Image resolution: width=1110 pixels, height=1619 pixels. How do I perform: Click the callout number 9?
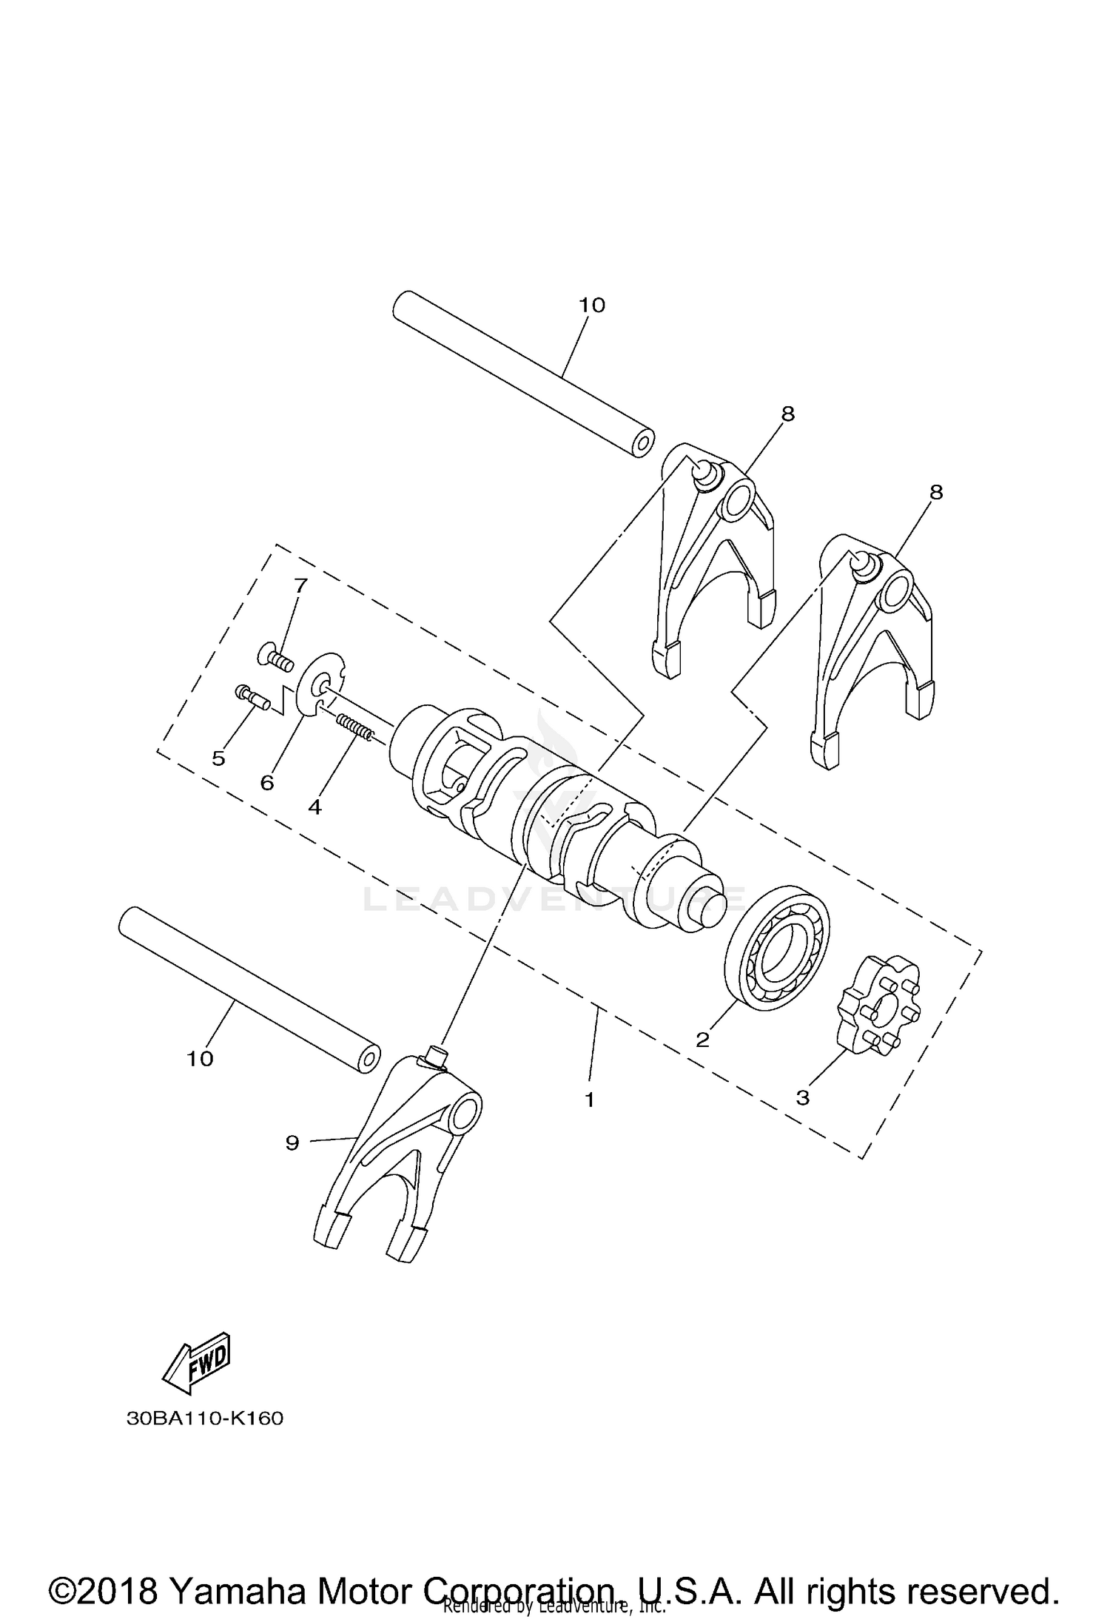coord(292,1143)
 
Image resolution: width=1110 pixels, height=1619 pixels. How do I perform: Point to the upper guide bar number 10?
coord(592,305)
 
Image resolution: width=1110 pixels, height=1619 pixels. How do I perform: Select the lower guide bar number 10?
coord(200,1059)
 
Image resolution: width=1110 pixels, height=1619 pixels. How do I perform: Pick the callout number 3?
coord(803,1097)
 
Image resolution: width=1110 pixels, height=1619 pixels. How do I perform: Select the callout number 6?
coord(266,782)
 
